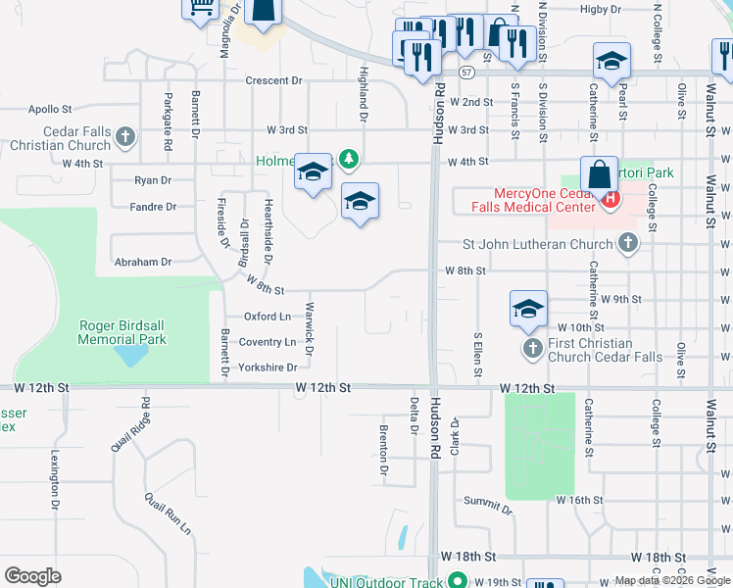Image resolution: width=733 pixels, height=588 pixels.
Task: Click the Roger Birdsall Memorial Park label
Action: (122, 332)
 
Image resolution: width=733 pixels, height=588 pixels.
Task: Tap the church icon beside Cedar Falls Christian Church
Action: (125, 137)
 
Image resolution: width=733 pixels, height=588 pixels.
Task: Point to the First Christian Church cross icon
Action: (532, 349)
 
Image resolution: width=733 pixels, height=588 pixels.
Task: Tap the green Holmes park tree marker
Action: (348, 159)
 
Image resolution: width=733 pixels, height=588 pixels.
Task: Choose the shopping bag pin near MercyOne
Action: (597, 176)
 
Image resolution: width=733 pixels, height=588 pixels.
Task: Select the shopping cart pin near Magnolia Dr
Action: (200, 8)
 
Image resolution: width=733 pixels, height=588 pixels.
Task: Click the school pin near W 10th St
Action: (528, 309)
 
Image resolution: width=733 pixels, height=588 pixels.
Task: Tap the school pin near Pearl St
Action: (611, 63)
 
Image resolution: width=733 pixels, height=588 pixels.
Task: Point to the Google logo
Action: (32, 576)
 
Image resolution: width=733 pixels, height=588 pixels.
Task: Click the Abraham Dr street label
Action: (143, 262)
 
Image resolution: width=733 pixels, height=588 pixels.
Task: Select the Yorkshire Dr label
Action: (268, 367)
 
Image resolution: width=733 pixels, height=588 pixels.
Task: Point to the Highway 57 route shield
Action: (466, 73)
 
